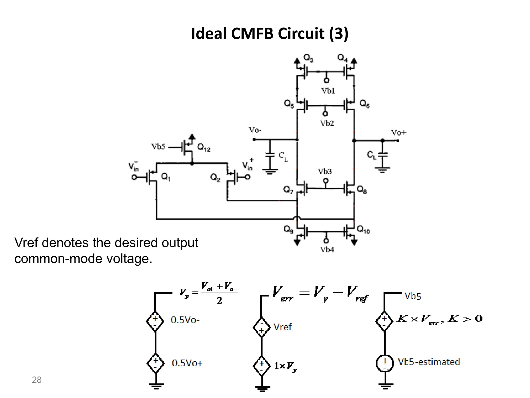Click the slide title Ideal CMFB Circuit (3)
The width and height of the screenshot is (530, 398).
[x=270, y=34]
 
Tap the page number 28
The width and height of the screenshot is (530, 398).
[x=36, y=380]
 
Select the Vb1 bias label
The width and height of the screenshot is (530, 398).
[x=328, y=91]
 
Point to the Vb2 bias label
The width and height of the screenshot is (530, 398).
[x=327, y=123]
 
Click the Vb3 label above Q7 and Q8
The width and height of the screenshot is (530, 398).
[x=325, y=172]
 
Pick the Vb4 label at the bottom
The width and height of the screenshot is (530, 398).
[x=327, y=250]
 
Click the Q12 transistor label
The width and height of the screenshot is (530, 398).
[x=204, y=148]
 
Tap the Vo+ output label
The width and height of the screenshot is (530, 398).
[x=399, y=133]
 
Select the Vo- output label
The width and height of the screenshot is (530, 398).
[x=255, y=130]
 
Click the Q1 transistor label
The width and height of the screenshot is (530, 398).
[x=166, y=177]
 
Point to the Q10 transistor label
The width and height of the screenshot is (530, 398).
[x=363, y=230]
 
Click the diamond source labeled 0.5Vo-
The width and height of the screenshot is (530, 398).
[x=155, y=321]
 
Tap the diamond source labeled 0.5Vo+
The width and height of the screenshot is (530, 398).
[x=155, y=363]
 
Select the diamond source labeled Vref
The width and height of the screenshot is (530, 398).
[x=262, y=327]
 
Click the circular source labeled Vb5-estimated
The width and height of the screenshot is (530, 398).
[x=385, y=363]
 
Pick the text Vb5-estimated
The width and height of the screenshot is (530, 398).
[x=429, y=362]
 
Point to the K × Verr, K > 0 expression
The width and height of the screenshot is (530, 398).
[x=439, y=319]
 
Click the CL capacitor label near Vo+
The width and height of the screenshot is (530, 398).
[x=372, y=155]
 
